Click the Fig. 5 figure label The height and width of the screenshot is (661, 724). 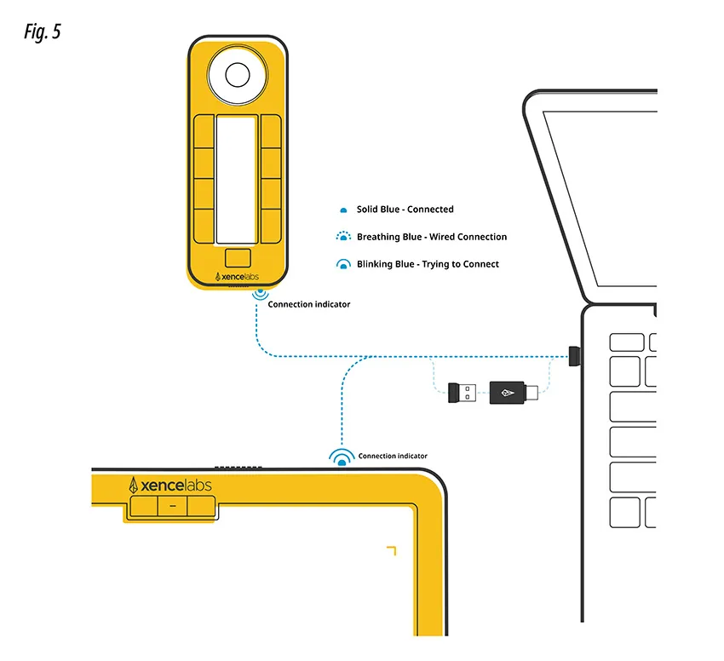click(x=43, y=32)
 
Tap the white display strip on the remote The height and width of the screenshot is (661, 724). click(x=237, y=179)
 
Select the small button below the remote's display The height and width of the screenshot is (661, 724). click(x=238, y=257)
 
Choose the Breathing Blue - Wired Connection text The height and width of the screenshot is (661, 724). click(x=431, y=237)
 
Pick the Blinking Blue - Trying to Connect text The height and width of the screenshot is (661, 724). click(x=428, y=264)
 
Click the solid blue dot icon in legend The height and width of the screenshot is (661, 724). click(x=343, y=210)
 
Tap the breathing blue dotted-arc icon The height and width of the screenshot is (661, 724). click(x=343, y=237)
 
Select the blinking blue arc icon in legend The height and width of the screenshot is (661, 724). click(x=343, y=265)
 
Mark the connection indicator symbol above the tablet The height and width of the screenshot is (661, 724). click(x=343, y=459)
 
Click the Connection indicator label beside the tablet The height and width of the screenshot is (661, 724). click(x=393, y=457)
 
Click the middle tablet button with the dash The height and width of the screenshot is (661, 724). click(x=172, y=507)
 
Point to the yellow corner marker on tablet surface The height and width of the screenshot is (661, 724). click(x=391, y=549)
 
